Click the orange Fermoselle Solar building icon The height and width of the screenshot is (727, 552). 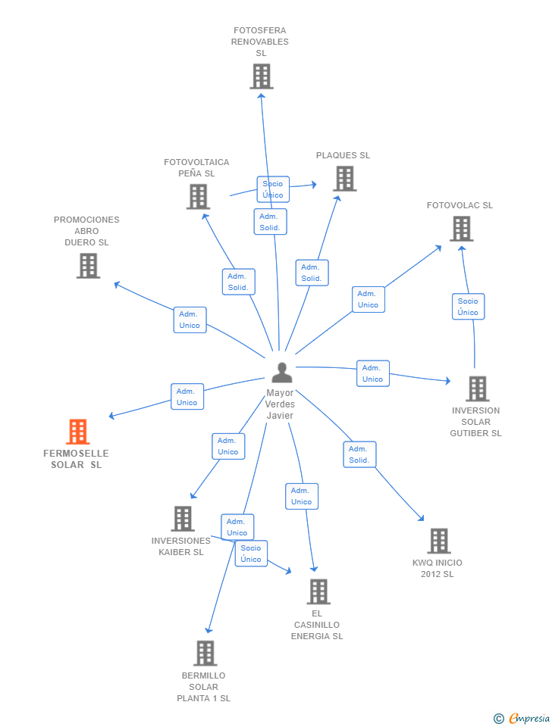pyautogui.click(x=78, y=432)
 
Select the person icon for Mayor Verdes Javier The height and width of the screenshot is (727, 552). pyautogui.click(x=281, y=373)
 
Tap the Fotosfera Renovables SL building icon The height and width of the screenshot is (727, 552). pyautogui.click(x=261, y=76)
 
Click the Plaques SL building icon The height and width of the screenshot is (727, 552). pyautogui.click(x=344, y=179)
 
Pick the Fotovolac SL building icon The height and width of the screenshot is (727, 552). pyautogui.click(x=461, y=229)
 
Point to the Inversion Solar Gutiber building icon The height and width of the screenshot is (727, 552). pyautogui.click(x=477, y=388)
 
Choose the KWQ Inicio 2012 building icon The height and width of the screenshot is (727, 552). pyautogui.click(x=438, y=541)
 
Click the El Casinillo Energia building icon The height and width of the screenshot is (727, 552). pyautogui.click(x=318, y=591)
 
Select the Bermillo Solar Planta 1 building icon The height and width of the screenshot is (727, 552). pyautogui.click(x=205, y=653)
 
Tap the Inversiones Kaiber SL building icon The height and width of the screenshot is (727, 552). pyautogui.click(x=182, y=519)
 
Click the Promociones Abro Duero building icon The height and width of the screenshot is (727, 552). pyautogui.click(x=88, y=266)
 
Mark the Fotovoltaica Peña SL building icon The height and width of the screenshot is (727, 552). pyautogui.click(x=198, y=197)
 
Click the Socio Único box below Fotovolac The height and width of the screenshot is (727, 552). pyautogui.click(x=468, y=307)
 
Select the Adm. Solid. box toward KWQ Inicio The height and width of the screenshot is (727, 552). pyautogui.click(x=359, y=454)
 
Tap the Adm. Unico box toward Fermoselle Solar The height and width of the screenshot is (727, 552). pyautogui.click(x=187, y=397)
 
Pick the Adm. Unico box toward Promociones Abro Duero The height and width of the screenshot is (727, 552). pyautogui.click(x=190, y=320)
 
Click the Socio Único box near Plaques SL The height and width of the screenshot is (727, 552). pyautogui.click(x=272, y=189)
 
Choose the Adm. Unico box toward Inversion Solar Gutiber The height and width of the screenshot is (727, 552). pyautogui.click(x=372, y=373)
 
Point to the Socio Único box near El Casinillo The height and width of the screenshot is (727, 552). pyautogui.click(x=250, y=554)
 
